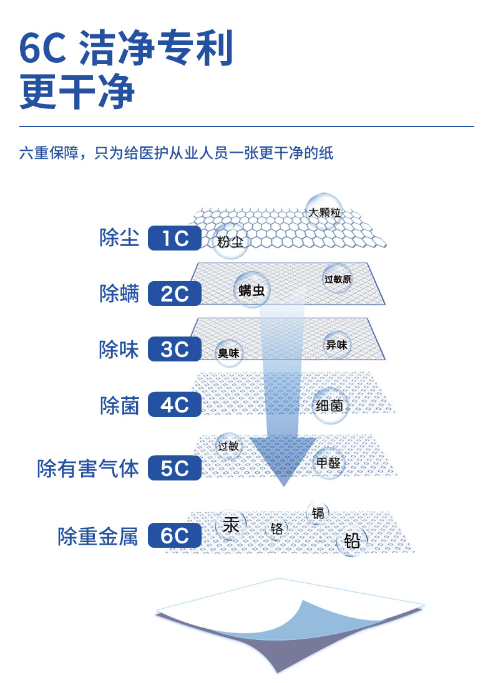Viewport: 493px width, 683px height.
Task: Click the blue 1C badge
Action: tap(175, 238)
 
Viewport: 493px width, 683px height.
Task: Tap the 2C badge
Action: tap(175, 294)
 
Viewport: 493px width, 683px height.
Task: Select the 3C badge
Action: tap(175, 349)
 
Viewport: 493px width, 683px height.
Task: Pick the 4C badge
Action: tap(175, 405)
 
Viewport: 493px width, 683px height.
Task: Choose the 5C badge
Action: tap(175, 468)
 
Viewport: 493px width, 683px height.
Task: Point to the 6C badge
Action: tap(175, 535)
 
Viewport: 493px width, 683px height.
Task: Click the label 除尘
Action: tap(119, 237)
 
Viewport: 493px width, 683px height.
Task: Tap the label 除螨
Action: tap(119, 294)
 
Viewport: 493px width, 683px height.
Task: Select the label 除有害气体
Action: tap(88, 468)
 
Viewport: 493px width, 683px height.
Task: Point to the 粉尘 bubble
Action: tap(230, 241)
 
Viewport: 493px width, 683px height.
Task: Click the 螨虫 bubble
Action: tap(251, 289)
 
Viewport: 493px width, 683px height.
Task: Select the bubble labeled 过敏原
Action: tap(338, 279)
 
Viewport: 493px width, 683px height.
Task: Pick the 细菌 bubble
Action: tap(328, 406)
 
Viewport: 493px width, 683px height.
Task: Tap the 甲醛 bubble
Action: tap(328, 464)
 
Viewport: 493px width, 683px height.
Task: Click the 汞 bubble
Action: tap(231, 525)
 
